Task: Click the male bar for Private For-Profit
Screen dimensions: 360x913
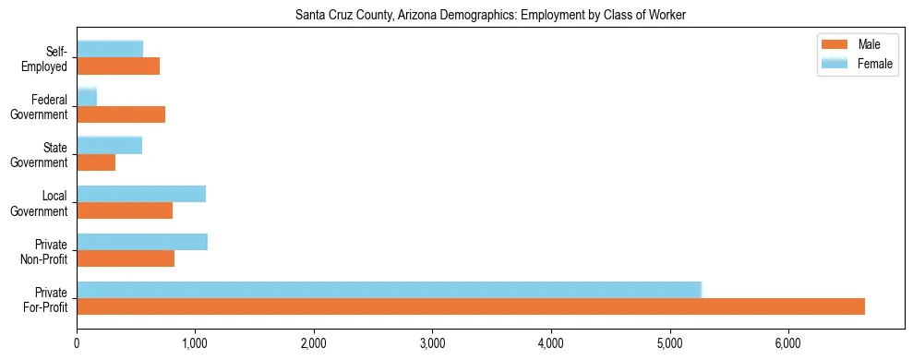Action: tap(471, 306)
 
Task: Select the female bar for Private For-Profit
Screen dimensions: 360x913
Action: tap(389, 290)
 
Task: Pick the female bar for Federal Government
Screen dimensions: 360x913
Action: tap(87, 97)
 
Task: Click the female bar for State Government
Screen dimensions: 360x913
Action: tap(109, 145)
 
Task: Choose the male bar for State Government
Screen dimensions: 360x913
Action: tap(96, 162)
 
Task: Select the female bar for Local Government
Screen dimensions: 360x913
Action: tap(141, 194)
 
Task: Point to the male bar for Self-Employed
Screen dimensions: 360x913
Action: tap(118, 66)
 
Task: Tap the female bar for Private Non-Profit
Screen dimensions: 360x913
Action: tap(142, 242)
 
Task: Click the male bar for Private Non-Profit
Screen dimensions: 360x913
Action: tap(126, 258)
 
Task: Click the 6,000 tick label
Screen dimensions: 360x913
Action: tap(787, 342)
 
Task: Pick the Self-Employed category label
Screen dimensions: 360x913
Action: tap(50, 58)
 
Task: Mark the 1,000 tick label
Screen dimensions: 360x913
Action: tap(195, 342)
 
